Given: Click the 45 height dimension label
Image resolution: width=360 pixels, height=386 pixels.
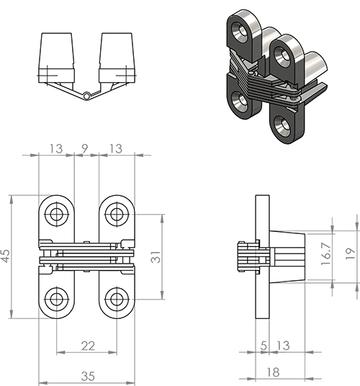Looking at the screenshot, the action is pos(6,256).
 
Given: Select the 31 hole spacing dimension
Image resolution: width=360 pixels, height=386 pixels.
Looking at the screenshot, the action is pos(156,257).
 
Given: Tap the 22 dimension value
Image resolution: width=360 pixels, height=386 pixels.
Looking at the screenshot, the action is pos(88,346).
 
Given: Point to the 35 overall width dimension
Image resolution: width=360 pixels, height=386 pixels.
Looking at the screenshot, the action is pos(88,376).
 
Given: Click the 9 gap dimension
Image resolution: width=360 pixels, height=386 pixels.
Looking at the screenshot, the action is pos(85,148).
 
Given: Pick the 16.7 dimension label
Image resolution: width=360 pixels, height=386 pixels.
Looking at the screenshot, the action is pos(327,253).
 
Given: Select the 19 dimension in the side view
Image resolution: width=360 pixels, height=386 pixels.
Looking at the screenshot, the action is pos(351,253).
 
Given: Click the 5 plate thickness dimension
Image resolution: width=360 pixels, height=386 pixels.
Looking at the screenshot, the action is pos(264,346).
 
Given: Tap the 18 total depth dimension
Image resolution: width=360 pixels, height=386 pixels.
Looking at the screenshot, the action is pos(273,372).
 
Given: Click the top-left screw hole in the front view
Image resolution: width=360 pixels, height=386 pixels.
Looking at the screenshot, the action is pos(57,214).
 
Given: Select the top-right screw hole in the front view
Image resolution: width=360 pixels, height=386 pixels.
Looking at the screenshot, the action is pos(117,214).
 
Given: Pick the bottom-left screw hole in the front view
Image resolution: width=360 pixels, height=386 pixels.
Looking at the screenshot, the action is pos(57,299).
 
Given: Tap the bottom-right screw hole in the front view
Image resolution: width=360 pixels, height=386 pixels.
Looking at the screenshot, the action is pos(117,299).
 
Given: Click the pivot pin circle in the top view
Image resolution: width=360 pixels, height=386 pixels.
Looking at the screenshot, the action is pos(86,96).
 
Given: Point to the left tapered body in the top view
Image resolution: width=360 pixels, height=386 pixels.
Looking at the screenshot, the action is pos(56,58).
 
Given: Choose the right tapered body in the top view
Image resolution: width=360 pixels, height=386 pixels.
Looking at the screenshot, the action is pos(117,58).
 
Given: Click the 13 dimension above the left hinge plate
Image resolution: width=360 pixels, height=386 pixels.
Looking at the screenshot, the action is pos(56,148).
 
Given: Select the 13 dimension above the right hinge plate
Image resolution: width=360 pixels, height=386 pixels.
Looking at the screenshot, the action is pos(116,148).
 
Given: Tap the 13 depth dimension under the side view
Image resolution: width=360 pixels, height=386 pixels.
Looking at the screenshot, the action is pos(283,346).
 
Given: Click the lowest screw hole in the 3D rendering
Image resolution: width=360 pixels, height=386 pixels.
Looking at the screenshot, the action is pos(282,125).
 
